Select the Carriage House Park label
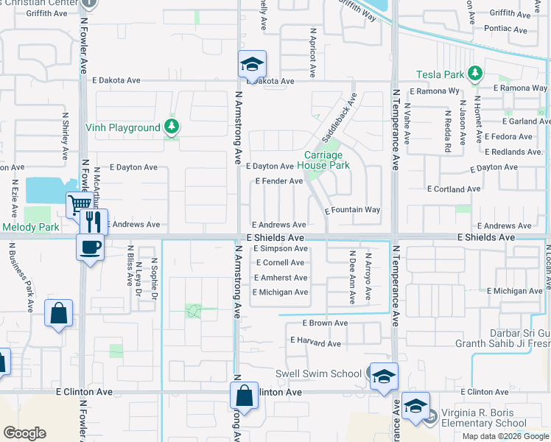pyautogui.click(x=323, y=161)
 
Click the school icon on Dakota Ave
pyautogui.click(x=251, y=64)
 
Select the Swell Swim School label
pyautogui.click(x=318, y=373)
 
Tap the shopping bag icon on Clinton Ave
pyautogui.click(x=244, y=396)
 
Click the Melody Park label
pyautogui.click(x=30, y=227)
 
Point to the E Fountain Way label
pyautogui.click(x=353, y=210)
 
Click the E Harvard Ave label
pyautogui.click(x=315, y=343)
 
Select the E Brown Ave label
pyautogui.click(x=325, y=323)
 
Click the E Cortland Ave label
pyautogui.click(x=457, y=189)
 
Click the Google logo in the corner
pyautogui.click(x=24, y=433)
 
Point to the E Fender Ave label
pyautogui.click(x=278, y=180)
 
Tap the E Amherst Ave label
pyautogui.click(x=280, y=278)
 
